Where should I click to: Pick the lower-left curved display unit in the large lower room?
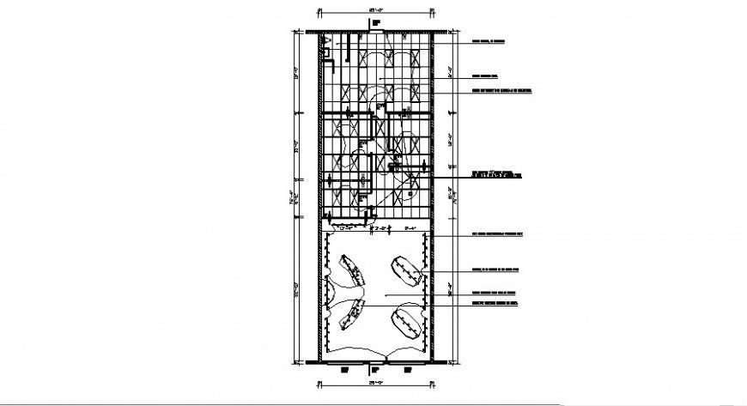(352, 317)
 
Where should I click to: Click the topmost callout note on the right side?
(488, 40)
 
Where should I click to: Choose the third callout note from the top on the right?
(499, 90)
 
